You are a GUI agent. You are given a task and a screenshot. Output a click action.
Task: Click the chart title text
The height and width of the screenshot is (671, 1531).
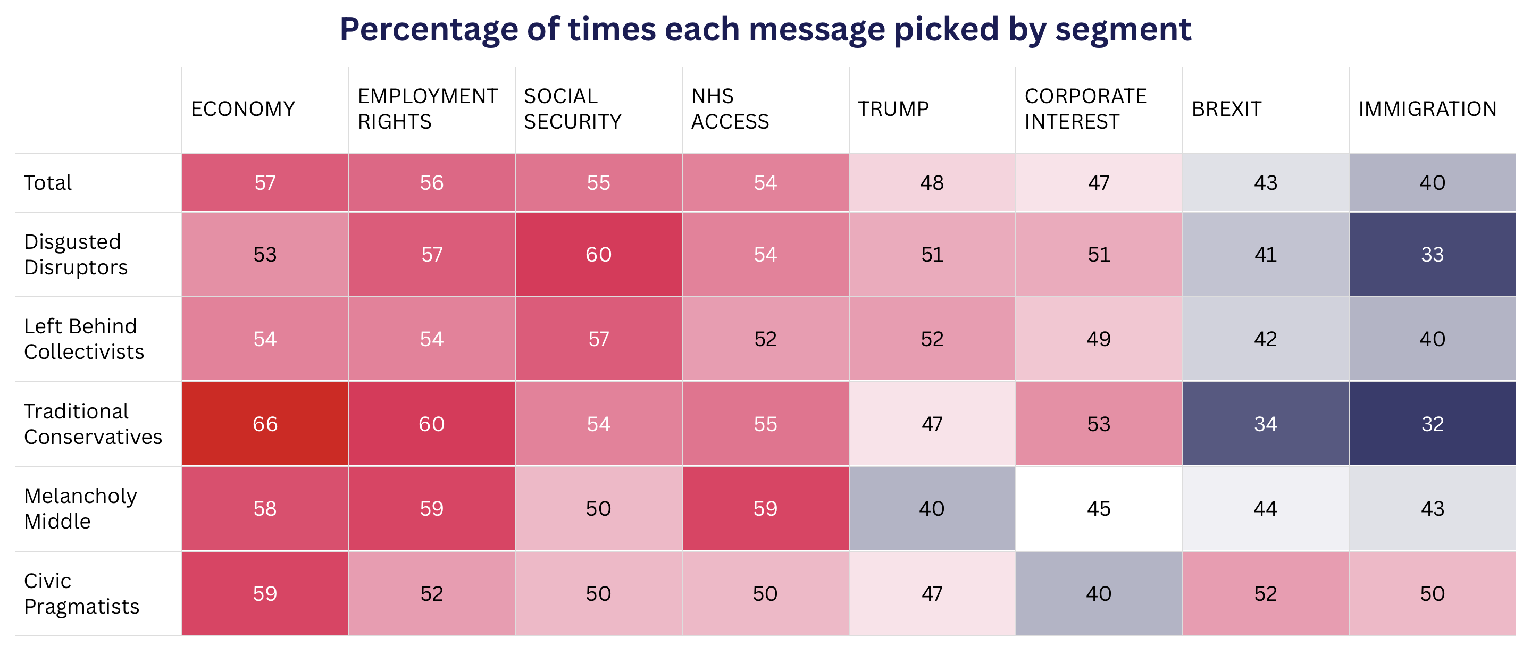coord(766,30)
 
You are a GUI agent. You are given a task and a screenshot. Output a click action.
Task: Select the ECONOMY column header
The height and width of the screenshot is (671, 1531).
coord(243,110)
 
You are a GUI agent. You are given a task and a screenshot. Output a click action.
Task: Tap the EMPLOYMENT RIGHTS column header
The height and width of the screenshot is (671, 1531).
coord(428,109)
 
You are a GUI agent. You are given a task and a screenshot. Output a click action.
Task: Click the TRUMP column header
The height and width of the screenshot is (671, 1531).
coord(893,110)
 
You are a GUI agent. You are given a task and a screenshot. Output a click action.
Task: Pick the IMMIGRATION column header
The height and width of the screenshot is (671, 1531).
coord(1428,110)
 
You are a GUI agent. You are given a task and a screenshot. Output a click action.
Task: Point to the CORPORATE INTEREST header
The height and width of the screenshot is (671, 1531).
coord(1086,109)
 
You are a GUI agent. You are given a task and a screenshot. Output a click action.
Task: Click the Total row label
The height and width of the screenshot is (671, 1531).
coord(47,182)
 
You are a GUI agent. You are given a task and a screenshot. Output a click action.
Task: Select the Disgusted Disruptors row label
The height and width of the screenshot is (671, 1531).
coord(76,254)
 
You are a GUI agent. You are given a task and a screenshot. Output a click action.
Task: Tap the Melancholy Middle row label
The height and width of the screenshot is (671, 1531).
coord(80,508)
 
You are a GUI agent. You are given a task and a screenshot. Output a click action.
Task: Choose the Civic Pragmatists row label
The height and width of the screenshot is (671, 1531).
coord(81,593)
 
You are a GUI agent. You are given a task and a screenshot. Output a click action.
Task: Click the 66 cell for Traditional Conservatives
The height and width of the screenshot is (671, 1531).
coord(265,424)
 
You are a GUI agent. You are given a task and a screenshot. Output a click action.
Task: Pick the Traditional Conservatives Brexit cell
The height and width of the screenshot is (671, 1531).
coord(1266,424)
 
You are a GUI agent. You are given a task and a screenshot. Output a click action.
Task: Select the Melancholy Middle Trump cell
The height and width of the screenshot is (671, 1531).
coord(932,508)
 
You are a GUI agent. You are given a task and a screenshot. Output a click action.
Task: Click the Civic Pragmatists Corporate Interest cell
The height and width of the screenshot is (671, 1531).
coord(1099,593)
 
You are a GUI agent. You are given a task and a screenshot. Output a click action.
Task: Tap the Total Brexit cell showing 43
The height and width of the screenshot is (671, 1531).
coord(1266,182)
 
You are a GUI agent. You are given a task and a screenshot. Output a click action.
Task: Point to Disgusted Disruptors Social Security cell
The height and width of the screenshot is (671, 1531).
coord(598,254)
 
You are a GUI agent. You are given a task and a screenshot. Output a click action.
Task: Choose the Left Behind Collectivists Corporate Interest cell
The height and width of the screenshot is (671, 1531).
coord(1099,339)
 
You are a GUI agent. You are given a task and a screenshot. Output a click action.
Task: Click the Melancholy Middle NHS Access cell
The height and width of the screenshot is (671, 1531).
coord(766,508)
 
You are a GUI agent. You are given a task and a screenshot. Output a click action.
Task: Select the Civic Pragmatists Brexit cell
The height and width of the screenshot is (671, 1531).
coord(1266,593)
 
